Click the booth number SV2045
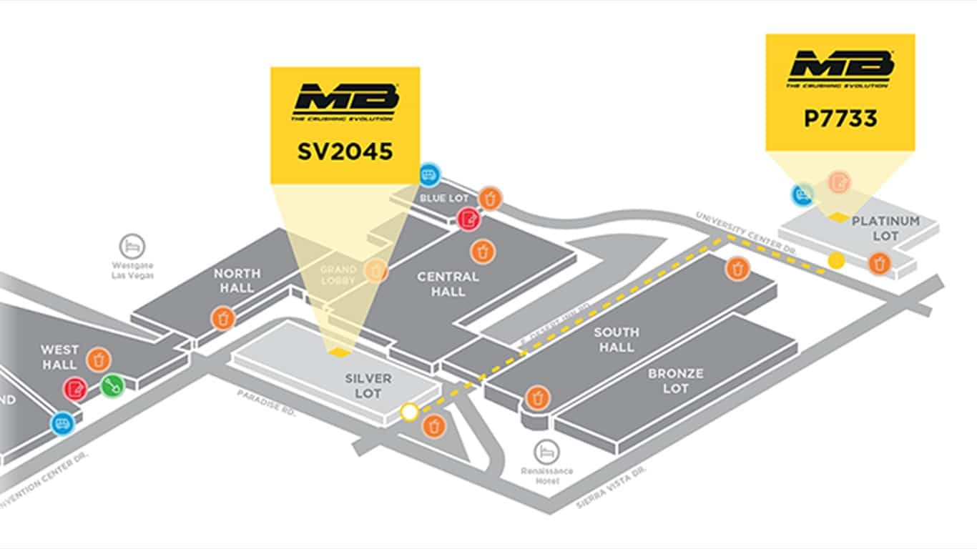(345, 151)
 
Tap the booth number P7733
(840, 118)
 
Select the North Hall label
(237, 280)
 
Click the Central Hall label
(448, 283)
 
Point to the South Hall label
(616, 339)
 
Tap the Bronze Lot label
(675, 380)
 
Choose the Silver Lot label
(368, 385)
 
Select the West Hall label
(59, 357)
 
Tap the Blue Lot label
(443, 198)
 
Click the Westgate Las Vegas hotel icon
(132, 246)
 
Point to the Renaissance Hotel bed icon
(546, 452)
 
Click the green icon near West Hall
(112, 386)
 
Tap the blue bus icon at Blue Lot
(429, 174)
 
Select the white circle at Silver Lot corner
(409, 412)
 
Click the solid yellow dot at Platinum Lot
(835, 260)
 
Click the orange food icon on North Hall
(223, 318)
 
